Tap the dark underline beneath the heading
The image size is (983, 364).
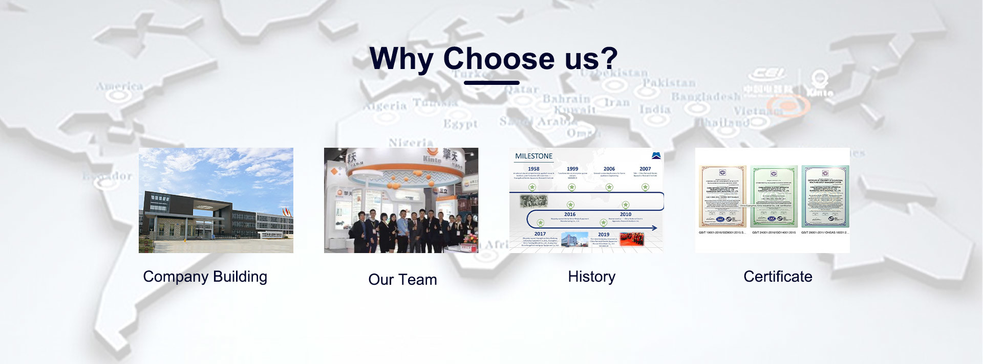491,82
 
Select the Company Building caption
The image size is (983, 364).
205,277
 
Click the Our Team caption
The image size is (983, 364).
402,280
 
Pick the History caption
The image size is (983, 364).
591,277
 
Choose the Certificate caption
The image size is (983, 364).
778,277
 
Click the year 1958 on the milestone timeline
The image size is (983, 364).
533,169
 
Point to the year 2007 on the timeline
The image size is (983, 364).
645,169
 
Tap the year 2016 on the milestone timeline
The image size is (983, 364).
570,214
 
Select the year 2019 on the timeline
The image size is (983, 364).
604,235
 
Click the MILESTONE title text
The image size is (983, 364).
533,156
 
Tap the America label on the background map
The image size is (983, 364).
120,86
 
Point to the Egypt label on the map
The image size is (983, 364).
460,124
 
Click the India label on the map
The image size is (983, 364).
655,109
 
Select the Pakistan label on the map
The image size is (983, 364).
669,83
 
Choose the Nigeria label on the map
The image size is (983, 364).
411,143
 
